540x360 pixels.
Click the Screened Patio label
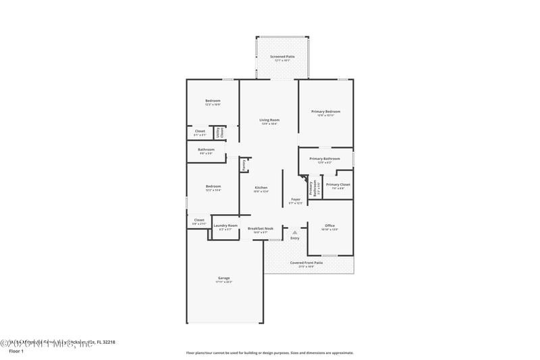pyautogui.click(x=281, y=57)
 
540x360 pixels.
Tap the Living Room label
pyautogui.click(x=269, y=120)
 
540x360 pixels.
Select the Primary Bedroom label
pyautogui.click(x=325, y=111)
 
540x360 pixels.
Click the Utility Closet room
pyautogui.click(x=219, y=132)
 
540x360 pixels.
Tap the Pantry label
pyautogui.click(x=244, y=164)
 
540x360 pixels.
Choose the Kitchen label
pyautogui.click(x=261, y=188)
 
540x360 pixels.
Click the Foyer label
pyautogui.click(x=296, y=200)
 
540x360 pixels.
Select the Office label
pyautogui.click(x=329, y=226)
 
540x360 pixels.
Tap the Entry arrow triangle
pyautogui.click(x=294, y=232)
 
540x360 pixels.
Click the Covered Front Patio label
pyautogui.click(x=306, y=263)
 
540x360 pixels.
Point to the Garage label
pyautogui.click(x=223, y=278)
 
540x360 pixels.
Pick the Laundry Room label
pyautogui.click(x=225, y=226)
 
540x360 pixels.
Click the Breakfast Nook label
pyautogui.click(x=260, y=228)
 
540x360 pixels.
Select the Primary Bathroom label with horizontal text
pyautogui.click(x=325, y=159)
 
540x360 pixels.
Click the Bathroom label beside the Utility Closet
pyautogui.click(x=206, y=150)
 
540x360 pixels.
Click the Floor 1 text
pyautogui.click(x=16, y=351)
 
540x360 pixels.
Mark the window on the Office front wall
pyautogui.click(x=329, y=255)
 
